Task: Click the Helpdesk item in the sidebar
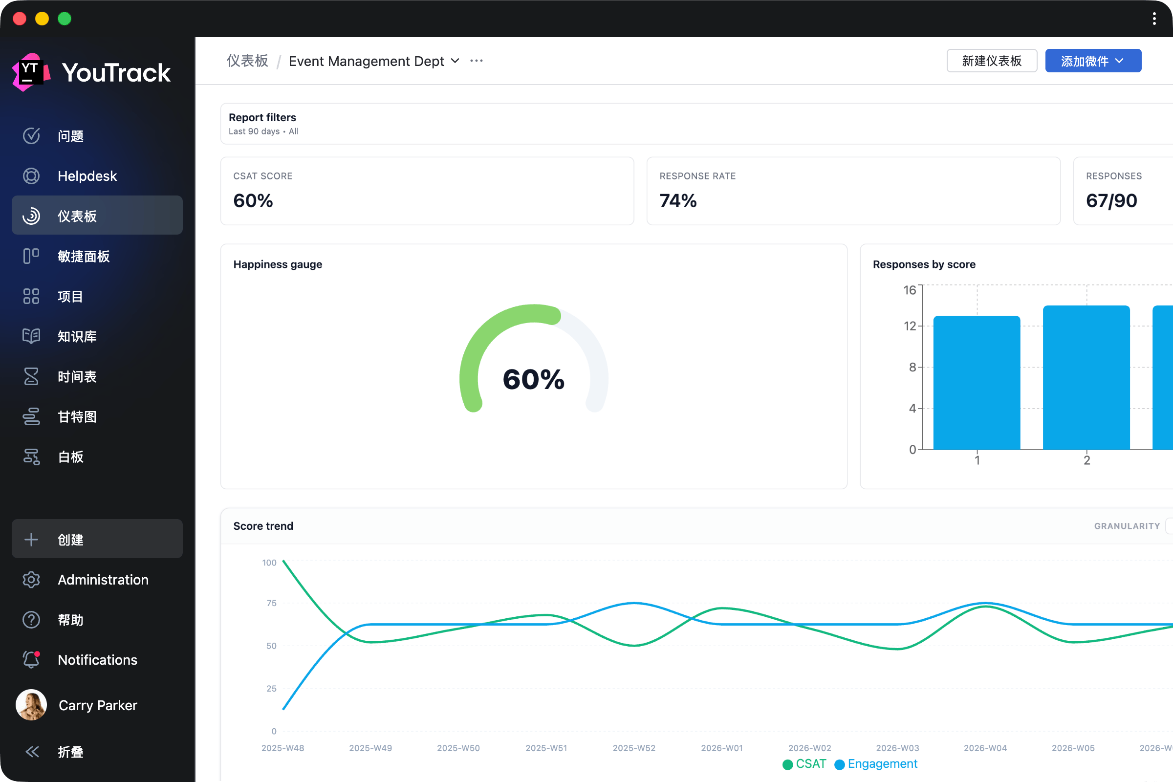[x=87, y=176]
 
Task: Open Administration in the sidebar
[x=103, y=580]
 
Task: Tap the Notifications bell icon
[x=31, y=659]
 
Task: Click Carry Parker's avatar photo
[x=31, y=705]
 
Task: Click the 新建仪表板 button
[x=992, y=61]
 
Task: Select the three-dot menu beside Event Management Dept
[x=476, y=61]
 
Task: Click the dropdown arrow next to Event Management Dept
[x=455, y=61]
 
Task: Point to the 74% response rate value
[x=678, y=200]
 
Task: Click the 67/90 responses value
[x=1111, y=200]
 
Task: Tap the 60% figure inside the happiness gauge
[x=534, y=379]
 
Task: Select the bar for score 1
[x=977, y=383]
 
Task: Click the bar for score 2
[x=1086, y=377]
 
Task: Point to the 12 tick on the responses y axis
[x=910, y=326]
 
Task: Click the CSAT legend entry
[x=804, y=764]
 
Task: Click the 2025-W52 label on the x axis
[x=634, y=748]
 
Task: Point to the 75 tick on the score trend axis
[x=271, y=604]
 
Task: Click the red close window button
[x=20, y=19]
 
